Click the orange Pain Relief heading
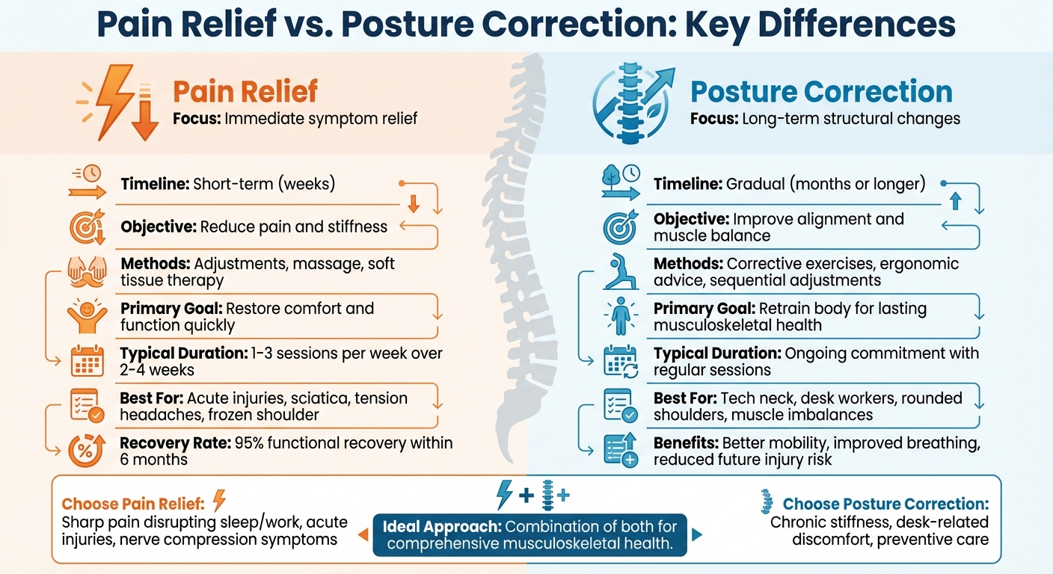245,92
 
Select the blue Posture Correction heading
821,92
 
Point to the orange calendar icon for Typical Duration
87,360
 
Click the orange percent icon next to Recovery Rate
87,450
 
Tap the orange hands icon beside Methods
87,272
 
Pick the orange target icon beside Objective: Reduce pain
87,227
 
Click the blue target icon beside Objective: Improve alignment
621,227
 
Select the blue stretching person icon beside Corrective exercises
621,272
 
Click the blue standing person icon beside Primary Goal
621,315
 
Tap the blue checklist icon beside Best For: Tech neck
621,406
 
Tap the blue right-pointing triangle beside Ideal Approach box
697,535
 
